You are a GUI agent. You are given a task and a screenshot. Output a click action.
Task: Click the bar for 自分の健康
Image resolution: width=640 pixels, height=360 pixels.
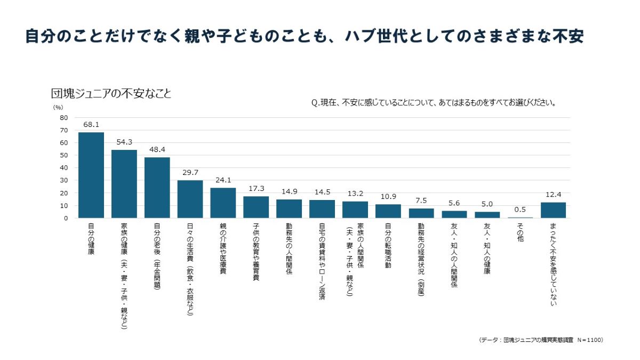pos(91,175)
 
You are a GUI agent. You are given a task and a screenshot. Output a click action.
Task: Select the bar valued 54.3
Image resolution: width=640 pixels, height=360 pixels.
pos(124,184)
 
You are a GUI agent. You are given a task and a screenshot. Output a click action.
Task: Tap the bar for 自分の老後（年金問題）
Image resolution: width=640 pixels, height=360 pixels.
pos(157,188)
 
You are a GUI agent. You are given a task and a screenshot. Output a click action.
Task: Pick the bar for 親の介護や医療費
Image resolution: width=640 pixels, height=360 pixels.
pos(223,203)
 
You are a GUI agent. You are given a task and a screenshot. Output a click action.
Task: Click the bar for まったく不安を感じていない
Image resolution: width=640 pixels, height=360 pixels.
pos(553,210)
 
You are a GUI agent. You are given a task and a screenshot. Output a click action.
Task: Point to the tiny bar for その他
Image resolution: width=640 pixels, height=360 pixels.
pos(520,217)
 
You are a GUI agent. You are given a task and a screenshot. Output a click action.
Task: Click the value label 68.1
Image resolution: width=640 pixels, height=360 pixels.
pos(91,124)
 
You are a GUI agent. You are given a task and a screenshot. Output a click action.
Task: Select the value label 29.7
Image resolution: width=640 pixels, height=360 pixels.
pos(190,172)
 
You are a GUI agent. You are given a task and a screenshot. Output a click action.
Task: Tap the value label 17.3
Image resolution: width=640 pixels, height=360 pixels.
pos(256,188)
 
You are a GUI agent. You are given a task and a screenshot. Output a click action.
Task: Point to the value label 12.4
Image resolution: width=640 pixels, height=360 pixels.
pos(553,194)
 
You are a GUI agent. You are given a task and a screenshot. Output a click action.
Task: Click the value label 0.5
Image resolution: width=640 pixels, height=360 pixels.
pos(520,209)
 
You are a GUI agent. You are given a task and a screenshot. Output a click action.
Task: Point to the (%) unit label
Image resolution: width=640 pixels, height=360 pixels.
pos(58,107)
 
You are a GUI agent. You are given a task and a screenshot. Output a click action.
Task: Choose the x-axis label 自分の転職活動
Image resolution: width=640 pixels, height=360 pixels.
pos(388,245)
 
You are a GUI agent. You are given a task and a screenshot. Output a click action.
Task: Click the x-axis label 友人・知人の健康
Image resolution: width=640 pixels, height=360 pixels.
pos(487,249)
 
